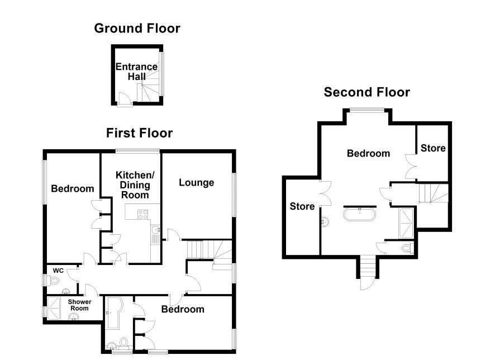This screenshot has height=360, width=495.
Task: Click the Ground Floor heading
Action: pyautogui.click(x=137, y=29)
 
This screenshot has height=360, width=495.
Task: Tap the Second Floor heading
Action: pyautogui.click(x=367, y=92)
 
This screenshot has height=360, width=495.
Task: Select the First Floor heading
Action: pyautogui.click(x=140, y=133)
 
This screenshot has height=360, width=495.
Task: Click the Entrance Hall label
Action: pyautogui.click(x=136, y=72)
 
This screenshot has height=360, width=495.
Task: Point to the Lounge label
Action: pyautogui.click(x=196, y=183)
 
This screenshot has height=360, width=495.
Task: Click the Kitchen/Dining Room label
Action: pyautogui.click(x=135, y=184)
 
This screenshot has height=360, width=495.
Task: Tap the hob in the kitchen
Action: pyautogui.click(x=142, y=215)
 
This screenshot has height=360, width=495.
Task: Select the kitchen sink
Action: pyautogui.click(x=155, y=230)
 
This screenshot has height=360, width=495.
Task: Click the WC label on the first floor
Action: pyautogui.click(x=58, y=271)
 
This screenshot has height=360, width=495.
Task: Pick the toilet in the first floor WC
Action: pyautogui.click(x=53, y=281)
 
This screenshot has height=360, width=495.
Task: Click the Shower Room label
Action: pyautogui.click(x=79, y=305)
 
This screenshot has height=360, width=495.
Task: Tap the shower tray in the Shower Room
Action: pyautogui.click(x=53, y=308)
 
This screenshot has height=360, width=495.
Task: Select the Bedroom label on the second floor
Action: pyautogui.click(x=368, y=154)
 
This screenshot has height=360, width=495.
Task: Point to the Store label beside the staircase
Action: pyautogui.click(x=433, y=148)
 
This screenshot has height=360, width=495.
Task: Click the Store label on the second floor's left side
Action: pyautogui.click(x=302, y=206)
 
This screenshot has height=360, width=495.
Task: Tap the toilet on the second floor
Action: pyautogui.click(x=407, y=248)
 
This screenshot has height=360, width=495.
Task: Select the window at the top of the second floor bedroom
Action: pyautogui.click(x=367, y=110)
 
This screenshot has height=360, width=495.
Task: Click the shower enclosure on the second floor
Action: pyautogui.click(x=406, y=223)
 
